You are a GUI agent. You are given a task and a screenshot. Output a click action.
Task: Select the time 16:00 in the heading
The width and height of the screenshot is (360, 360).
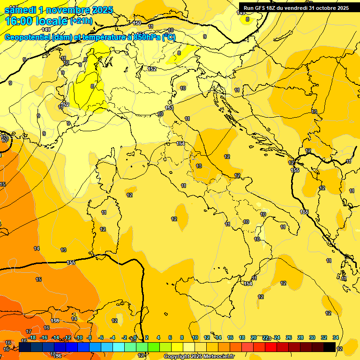(x=19, y=21)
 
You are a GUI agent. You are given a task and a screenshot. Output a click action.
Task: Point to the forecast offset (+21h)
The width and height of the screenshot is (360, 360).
(x=81, y=21)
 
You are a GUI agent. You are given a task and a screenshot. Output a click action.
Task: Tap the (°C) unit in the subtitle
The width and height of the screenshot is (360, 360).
(x=169, y=37)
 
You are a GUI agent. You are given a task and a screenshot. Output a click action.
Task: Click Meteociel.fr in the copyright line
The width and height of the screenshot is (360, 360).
(x=218, y=357)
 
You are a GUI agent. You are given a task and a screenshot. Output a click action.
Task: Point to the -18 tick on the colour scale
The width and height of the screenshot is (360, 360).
(x=32, y=337)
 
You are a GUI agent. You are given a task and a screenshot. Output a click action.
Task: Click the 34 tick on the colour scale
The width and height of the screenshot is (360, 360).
(x=336, y=337)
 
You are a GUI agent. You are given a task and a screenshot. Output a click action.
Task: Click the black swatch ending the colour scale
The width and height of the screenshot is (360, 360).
(x=330, y=347)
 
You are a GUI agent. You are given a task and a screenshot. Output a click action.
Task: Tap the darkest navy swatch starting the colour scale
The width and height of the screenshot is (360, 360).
(x=25, y=347)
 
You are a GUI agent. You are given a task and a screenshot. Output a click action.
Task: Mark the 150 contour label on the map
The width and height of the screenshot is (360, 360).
(x=137, y=23)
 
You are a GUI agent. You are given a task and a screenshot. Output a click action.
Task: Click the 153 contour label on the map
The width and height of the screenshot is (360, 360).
(x=169, y=108)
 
